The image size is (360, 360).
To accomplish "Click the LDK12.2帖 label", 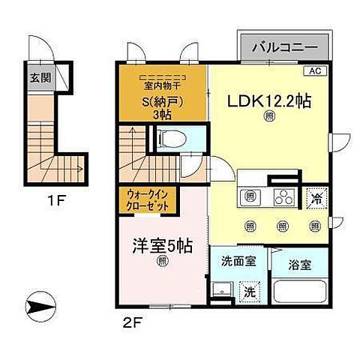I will [264, 102].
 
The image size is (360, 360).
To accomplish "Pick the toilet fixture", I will [169, 139].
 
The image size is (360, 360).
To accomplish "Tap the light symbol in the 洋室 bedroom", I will [163, 262].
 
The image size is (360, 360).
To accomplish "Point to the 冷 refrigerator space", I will [316, 199].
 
